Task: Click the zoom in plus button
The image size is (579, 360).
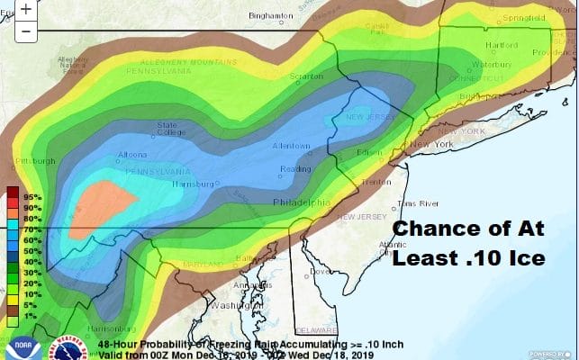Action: click(26, 10)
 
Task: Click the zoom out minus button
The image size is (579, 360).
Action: click(26, 31)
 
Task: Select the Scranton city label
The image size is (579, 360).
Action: click(308, 77)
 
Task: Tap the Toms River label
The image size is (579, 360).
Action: click(419, 203)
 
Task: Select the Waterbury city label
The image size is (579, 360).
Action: click(492, 65)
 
